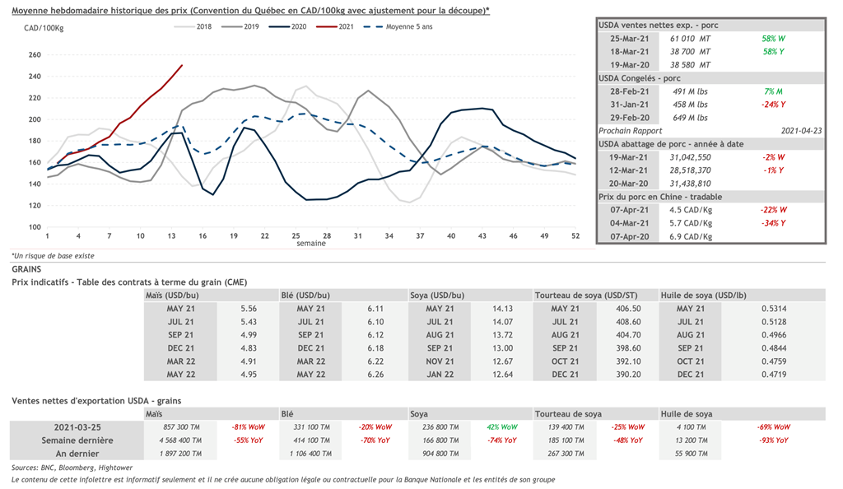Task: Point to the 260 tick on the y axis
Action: [x=35, y=55]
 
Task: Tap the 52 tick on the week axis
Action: [x=575, y=236]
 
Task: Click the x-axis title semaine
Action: [x=311, y=244]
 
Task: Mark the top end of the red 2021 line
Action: [x=182, y=65]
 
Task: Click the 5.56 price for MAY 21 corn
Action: [x=249, y=308]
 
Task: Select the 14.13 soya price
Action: [x=502, y=308]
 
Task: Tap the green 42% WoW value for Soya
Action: [x=502, y=427]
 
